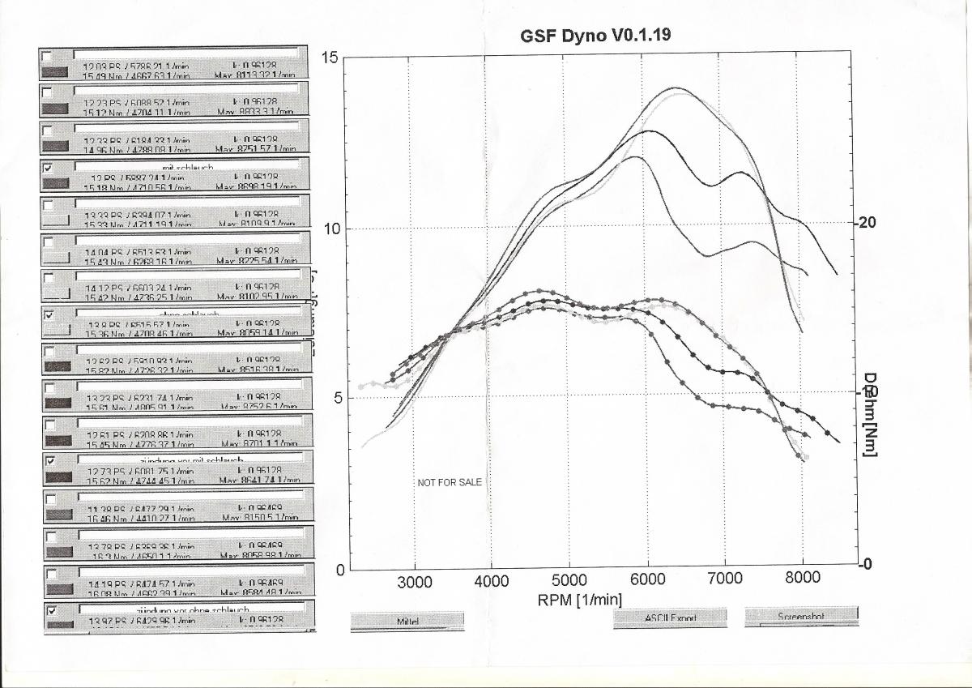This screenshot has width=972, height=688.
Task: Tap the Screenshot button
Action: (x=800, y=617)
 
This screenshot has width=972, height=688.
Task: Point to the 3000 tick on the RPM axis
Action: (x=416, y=581)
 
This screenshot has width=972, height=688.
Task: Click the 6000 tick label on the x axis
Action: (x=647, y=581)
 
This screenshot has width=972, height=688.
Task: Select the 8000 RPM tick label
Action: (x=802, y=581)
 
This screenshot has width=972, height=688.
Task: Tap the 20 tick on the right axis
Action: (x=868, y=223)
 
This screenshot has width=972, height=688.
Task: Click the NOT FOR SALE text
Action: (x=450, y=482)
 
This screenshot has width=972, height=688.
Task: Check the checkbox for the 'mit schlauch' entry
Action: (x=47, y=168)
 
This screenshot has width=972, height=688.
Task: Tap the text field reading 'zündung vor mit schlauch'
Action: (x=190, y=460)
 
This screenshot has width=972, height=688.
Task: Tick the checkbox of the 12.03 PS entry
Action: (x=47, y=55)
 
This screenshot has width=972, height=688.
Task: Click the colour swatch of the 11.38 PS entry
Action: (x=57, y=514)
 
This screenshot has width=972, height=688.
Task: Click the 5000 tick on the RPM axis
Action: (x=570, y=581)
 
